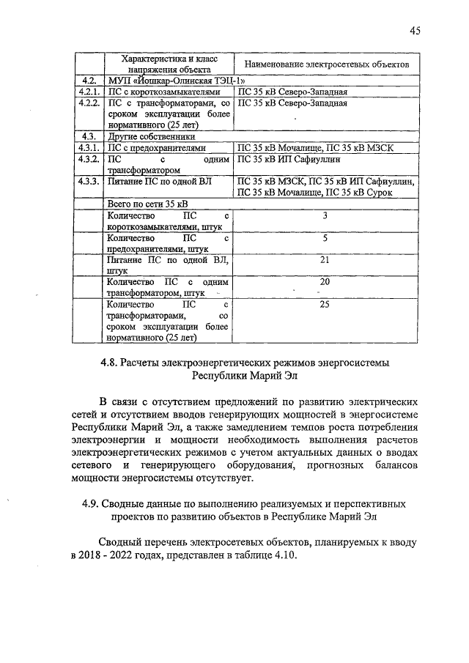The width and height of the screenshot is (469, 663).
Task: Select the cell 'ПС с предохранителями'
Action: pyautogui.click(x=152, y=147)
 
